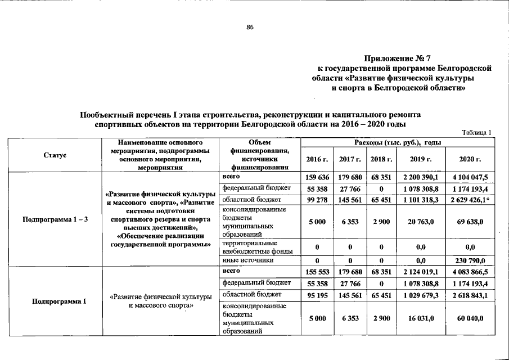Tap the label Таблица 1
pos(476,133)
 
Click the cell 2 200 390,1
pos(420,177)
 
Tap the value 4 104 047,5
pos(472,177)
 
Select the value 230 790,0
pos(472,260)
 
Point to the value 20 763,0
pos(420,222)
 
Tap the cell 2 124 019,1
pos(420,272)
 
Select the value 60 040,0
pos(472,318)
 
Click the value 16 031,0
pos(420,318)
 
